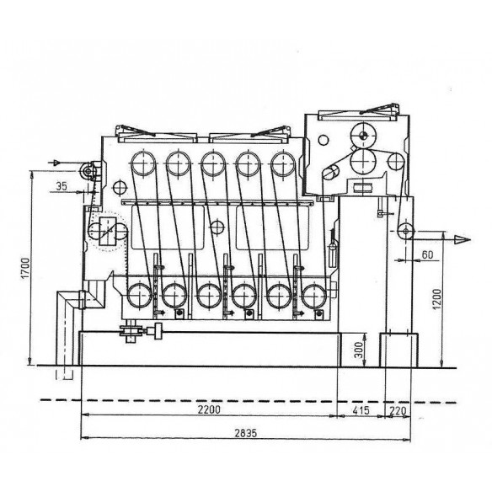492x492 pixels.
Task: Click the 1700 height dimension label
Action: (25, 268)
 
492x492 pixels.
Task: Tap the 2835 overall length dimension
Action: (246, 433)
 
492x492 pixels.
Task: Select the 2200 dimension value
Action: (209, 409)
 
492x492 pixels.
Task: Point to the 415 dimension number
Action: (361, 410)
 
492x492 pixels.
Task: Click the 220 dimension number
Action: (398, 410)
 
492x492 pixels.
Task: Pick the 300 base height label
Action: (358, 350)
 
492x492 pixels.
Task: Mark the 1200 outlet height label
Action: (436, 299)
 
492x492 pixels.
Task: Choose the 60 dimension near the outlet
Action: (427, 254)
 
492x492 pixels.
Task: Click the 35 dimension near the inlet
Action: (61, 186)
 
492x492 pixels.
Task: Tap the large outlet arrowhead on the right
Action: (463, 240)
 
